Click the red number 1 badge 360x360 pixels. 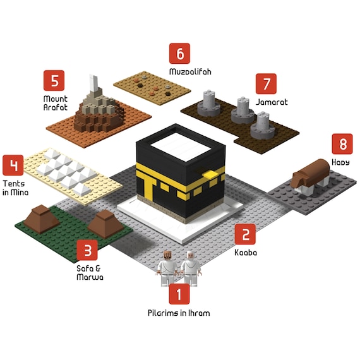pyautogui.click(x=179, y=294)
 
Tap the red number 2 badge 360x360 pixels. pyautogui.click(x=245, y=234)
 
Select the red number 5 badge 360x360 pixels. pyautogui.click(x=54, y=81)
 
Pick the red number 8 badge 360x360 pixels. pyautogui.click(x=342, y=144)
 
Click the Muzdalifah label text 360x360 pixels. pyautogui.click(x=190, y=71)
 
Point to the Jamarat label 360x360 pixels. pyautogui.click(x=272, y=102)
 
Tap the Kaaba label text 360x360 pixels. pyautogui.click(x=246, y=253)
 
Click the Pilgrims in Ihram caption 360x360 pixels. pyautogui.click(x=179, y=313)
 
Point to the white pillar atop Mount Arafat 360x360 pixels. pyautogui.click(x=95, y=83)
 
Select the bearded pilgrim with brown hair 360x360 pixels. pyautogui.click(x=167, y=268)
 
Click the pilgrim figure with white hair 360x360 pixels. pyautogui.click(x=190, y=268)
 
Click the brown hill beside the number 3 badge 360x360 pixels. pyautogui.click(x=105, y=224)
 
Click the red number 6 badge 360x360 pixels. pyautogui.click(x=179, y=53)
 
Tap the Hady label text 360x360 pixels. pyautogui.click(x=340, y=162)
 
